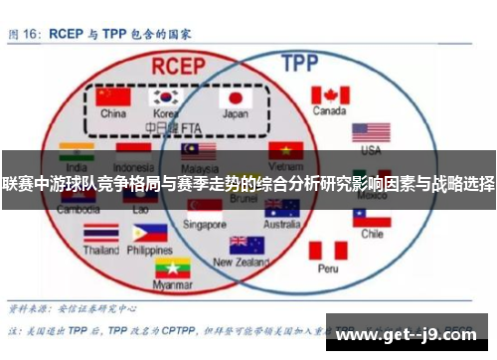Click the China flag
113,97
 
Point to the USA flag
371,133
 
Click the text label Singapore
205,225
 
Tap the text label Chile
372,235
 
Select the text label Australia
281,225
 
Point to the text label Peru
328,269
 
